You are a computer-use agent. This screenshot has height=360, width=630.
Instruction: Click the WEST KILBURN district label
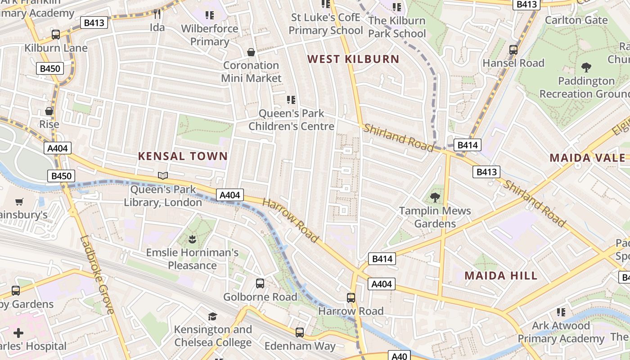pyautogui.click(x=353, y=59)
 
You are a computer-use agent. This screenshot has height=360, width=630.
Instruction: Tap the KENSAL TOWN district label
pyautogui.click(x=183, y=156)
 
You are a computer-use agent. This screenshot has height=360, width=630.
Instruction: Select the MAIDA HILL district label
pyautogui.click(x=501, y=276)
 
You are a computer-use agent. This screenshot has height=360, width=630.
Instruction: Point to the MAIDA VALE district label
pyautogui.click(x=588, y=158)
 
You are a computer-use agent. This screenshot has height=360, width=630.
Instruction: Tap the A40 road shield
pyautogui.click(x=399, y=356)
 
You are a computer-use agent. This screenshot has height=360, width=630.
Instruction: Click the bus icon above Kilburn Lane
pyautogui.click(x=56, y=35)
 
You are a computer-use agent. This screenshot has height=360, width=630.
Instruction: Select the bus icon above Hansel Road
pyautogui.click(x=513, y=50)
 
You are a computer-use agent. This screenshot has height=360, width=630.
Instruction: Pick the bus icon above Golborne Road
pyautogui.click(x=260, y=283)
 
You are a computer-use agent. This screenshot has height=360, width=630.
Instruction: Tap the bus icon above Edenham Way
pyautogui.click(x=300, y=333)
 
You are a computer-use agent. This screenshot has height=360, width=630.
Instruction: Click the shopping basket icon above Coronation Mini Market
pyautogui.click(x=251, y=52)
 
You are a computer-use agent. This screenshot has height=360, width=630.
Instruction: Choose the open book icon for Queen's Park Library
pyautogui.click(x=163, y=176)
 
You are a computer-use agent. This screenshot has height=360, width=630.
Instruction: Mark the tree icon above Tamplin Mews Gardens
pyautogui.click(x=435, y=197)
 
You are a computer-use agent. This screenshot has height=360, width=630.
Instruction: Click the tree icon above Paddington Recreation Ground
pyautogui.click(x=586, y=67)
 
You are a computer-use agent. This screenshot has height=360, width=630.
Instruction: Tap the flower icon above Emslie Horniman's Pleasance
pyautogui.click(x=192, y=239)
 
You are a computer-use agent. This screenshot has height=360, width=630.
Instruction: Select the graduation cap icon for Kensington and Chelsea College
pyautogui.click(x=212, y=317)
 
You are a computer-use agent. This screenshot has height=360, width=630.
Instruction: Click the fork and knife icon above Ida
pyautogui.click(x=157, y=14)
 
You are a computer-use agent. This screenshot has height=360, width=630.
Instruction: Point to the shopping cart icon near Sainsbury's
pyautogui.click(x=19, y=202)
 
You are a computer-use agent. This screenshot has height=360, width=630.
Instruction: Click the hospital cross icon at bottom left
pyautogui.click(x=18, y=333)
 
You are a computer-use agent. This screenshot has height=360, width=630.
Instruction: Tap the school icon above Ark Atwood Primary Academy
pyautogui.click(x=561, y=312)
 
